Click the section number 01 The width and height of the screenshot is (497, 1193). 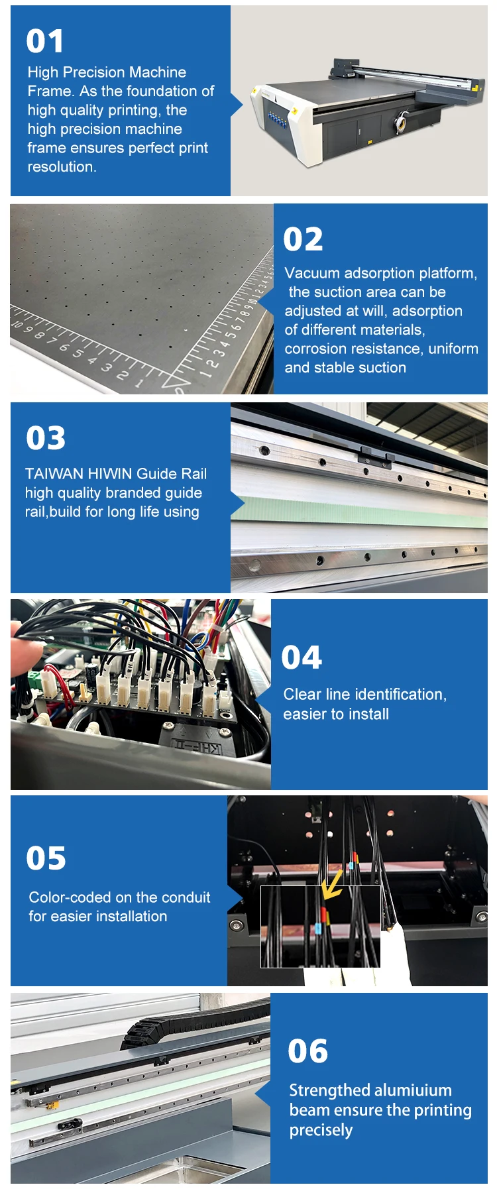pyautogui.click(x=45, y=41)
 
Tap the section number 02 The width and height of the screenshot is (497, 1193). pyautogui.click(x=303, y=239)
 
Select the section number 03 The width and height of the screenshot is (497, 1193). pyautogui.click(x=46, y=438)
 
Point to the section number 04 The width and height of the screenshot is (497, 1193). pyautogui.click(x=302, y=657)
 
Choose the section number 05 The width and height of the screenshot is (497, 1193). pyautogui.click(x=46, y=858)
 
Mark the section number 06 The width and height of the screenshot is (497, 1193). pyautogui.click(x=307, y=1051)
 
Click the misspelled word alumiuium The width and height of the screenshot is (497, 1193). pyautogui.click(x=412, y=1090)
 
